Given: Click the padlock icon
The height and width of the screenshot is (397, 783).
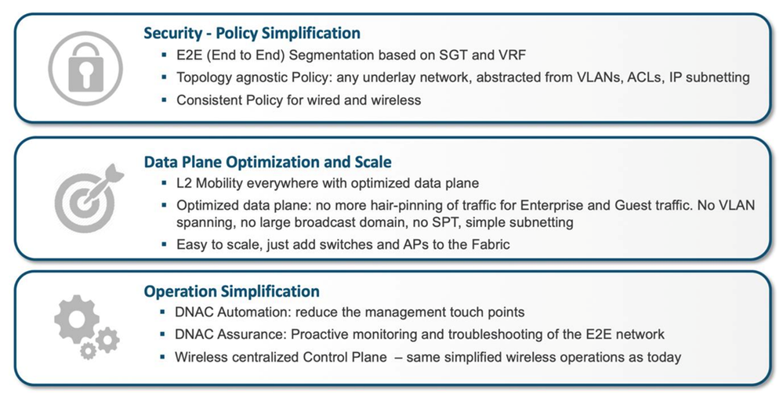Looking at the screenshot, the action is click(x=85, y=68).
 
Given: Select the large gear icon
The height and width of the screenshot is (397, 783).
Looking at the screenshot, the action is click(x=77, y=319).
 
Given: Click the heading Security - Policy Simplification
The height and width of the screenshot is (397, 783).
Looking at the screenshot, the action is click(x=252, y=33).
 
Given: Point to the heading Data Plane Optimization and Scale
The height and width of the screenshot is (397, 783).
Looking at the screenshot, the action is click(x=267, y=162).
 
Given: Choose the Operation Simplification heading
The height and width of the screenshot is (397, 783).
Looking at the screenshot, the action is click(x=232, y=291).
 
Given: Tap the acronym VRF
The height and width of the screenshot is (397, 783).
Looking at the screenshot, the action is click(x=511, y=55).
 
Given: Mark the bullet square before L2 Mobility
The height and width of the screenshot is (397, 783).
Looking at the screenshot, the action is click(x=164, y=183).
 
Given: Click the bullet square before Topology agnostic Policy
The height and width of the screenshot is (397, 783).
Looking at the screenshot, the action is click(x=164, y=78).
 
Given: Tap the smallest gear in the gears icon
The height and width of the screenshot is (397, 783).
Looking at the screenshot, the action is click(x=89, y=351).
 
